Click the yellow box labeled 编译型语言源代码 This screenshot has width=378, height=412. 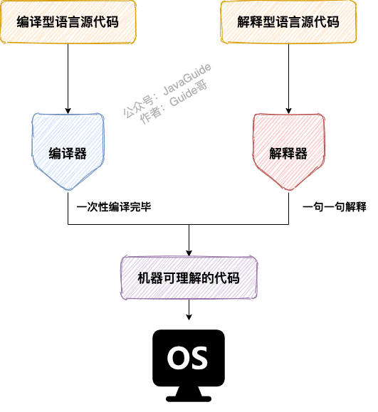tap(68, 22)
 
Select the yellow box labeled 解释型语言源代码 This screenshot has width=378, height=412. tap(288, 22)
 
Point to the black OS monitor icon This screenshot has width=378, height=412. tap(188, 359)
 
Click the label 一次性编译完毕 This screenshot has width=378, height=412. tap(114, 206)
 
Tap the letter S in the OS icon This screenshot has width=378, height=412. tap(199, 356)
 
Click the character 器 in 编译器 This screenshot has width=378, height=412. tap(80, 153)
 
